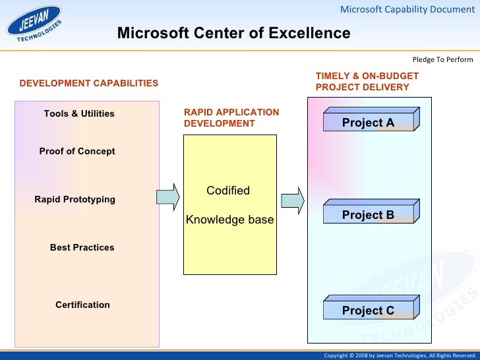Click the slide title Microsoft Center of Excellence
(x=233, y=34)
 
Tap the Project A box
(x=368, y=122)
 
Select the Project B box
(x=368, y=214)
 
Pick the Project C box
(x=368, y=310)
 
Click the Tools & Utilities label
(x=79, y=114)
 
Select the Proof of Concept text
(x=77, y=152)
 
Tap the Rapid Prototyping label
(x=75, y=200)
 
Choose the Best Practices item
(x=82, y=248)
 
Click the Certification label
(x=82, y=305)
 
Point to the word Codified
(x=228, y=191)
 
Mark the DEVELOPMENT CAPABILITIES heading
(x=89, y=84)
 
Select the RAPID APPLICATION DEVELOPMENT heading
(x=231, y=118)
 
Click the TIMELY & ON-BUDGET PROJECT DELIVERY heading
(x=367, y=82)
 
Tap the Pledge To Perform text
(x=442, y=60)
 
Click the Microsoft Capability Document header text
(x=407, y=9)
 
